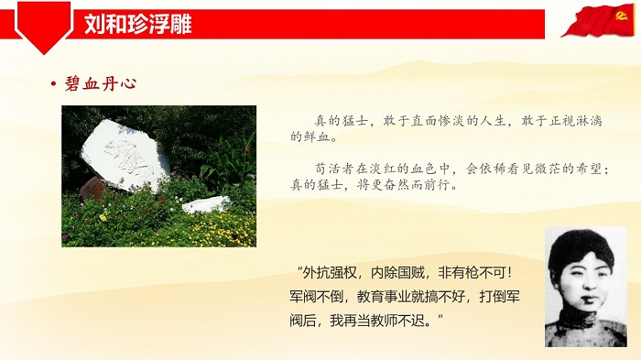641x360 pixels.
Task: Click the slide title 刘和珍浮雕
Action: tap(136, 24)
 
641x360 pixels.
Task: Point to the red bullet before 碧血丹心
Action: tap(53, 84)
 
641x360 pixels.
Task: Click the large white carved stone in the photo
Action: tap(124, 154)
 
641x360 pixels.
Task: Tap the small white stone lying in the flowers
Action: tap(205, 203)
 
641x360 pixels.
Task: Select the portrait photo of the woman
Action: tap(585, 287)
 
